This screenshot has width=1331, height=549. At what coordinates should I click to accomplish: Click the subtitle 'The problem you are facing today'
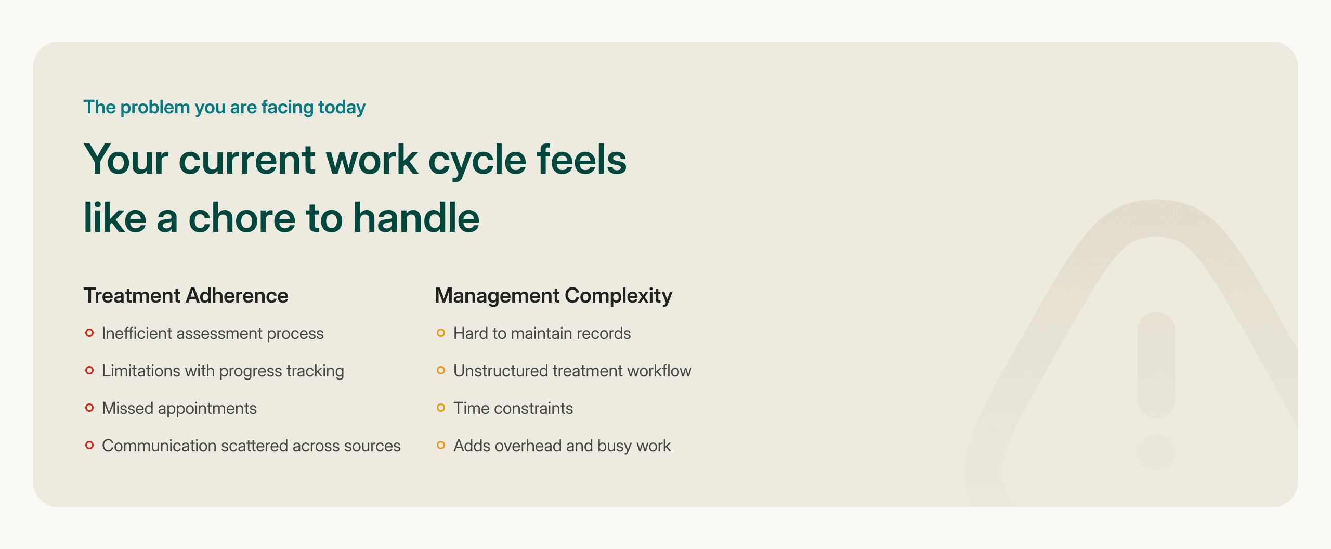click(x=225, y=108)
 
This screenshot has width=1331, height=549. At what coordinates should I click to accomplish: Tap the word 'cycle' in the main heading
click(x=477, y=160)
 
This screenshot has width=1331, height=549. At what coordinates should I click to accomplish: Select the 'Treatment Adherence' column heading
click(x=186, y=295)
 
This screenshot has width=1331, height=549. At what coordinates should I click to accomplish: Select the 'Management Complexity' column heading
click(x=553, y=296)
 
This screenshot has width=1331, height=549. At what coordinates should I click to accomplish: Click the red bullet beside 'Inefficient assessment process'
click(x=89, y=333)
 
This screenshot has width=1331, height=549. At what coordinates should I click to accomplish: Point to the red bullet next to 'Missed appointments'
click(x=89, y=408)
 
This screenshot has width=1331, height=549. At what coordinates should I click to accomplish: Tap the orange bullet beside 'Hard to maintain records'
click(x=441, y=333)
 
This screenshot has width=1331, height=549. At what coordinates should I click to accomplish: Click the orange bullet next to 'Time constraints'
click(x=441, y=408)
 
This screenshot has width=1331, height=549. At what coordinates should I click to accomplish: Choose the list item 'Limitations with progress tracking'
click(x=223, y=371)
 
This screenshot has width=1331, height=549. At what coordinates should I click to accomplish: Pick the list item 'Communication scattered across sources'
click(x=251, y=446)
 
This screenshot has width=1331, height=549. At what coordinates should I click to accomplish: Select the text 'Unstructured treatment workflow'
click(x=572, y=371)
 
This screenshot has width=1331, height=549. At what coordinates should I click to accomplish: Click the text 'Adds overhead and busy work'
click(x=562, y=446)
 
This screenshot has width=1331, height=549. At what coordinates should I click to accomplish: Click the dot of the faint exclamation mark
click(x=1156, y=452)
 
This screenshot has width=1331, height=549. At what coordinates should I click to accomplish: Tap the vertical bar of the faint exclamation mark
click(x=1156, y=365)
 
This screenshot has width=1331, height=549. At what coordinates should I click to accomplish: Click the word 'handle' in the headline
click(x=416, y=217)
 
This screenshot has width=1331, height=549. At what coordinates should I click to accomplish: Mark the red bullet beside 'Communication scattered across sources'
click(x=89, y=445)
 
